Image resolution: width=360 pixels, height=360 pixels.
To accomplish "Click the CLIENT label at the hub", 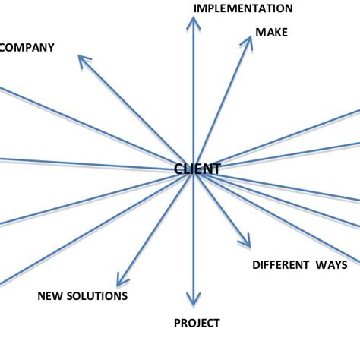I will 197,169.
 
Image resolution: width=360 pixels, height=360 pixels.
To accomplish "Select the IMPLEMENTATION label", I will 243,8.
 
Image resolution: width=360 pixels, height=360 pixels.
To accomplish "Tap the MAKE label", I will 271,32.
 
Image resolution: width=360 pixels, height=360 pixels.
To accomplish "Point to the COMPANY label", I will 27,47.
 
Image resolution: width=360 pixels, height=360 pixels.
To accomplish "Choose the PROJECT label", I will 197,323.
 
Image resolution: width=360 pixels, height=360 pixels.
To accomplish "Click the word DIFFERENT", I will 279,265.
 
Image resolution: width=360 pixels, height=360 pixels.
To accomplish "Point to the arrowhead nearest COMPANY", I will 84,61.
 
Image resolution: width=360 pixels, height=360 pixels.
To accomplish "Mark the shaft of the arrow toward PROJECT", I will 194,235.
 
